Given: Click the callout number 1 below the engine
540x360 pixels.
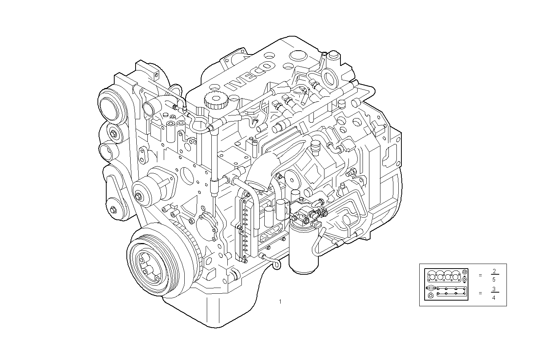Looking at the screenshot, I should point(280,302).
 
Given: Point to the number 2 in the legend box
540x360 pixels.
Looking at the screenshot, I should point(494,271).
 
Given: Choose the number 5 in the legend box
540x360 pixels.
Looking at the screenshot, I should point(494,280).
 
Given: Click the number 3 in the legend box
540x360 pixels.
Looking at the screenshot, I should point(494,289).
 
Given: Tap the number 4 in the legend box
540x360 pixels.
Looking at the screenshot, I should point(494,298).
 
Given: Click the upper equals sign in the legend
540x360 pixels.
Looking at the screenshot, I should point(480,275).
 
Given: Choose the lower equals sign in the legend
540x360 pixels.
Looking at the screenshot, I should point(480,293).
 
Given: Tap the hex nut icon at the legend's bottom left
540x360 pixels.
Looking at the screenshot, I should point(430,296).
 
